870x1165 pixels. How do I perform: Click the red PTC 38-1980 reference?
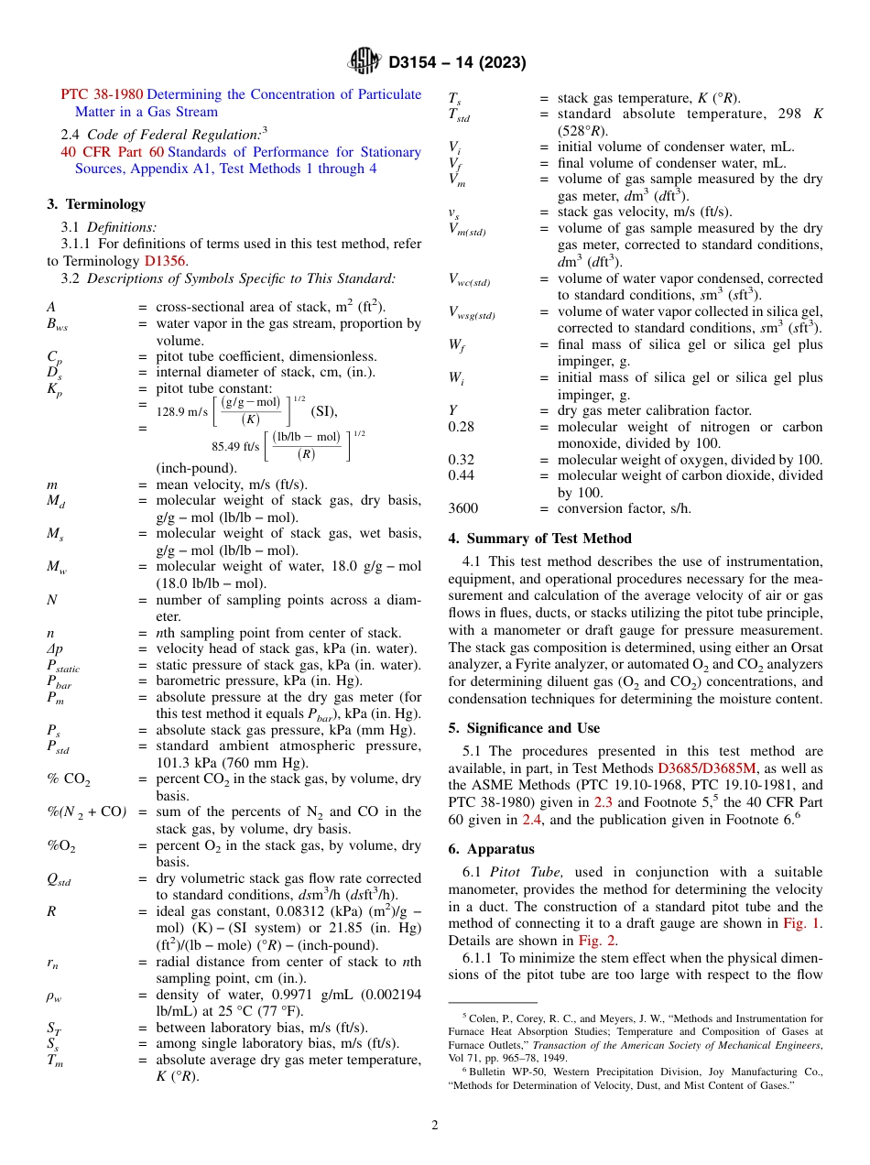(x=102, y=94)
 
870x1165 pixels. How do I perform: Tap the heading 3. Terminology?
(x=96, y=204)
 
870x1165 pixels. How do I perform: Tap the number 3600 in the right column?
(x=463, y=508)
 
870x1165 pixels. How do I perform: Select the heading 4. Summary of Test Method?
(x=539, y=539)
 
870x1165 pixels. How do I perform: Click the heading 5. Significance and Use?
(x=524, y=728)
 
